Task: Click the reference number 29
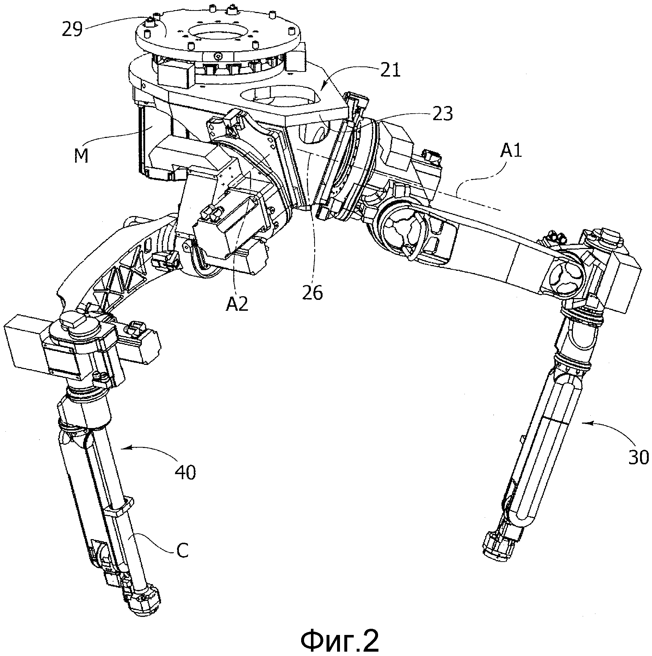[72, 29]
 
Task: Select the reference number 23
[442, 114]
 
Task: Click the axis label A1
[510, 150]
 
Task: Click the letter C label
[183, 550]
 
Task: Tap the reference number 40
[185, 472]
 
